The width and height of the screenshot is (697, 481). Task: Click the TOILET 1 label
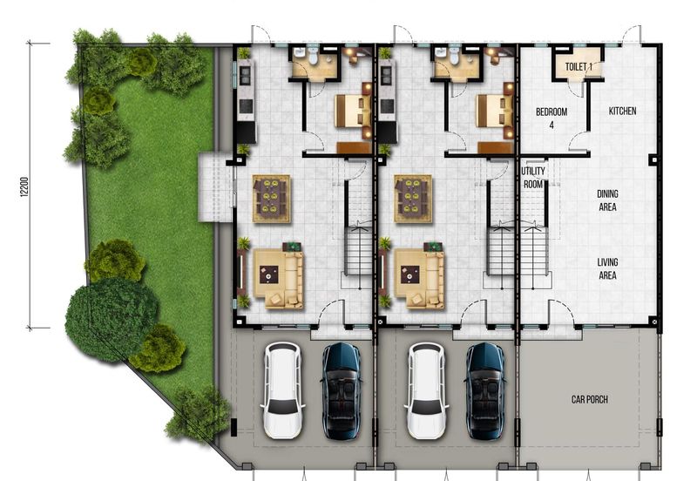click(x=579, y=66)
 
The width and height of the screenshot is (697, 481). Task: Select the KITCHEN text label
click(x=622, y=112)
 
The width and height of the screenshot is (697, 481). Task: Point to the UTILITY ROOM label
click(x=533, y=178)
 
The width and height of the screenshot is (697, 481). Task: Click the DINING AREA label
click(x=607, y=200)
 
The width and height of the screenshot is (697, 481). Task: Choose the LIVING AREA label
click(x=607, y=268)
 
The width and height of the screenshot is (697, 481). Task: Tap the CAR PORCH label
click(x=589, y=400)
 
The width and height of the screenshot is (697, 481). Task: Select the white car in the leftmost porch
click(x=281, y=390)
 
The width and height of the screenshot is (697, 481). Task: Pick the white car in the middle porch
click(x=426, y=390)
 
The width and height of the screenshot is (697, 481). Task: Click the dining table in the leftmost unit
click(x=272, y=199)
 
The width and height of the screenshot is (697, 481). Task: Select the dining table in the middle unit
click(x=412, y=199)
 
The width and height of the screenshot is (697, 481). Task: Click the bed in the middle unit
click(x=494, y=112)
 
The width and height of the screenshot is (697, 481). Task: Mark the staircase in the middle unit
click(x=500, y=248)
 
